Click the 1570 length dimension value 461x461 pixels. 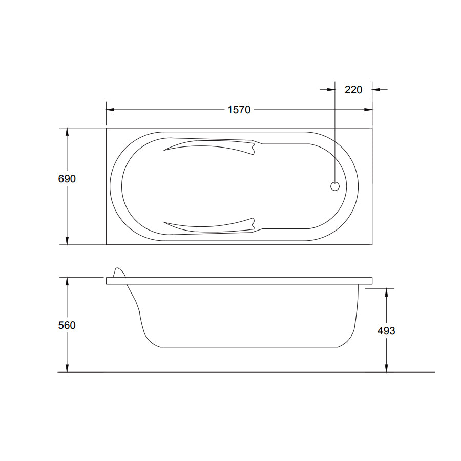point(239,110)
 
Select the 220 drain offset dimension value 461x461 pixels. point(353,90)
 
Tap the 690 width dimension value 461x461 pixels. point(67,179)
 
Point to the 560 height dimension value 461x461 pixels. point(67,325)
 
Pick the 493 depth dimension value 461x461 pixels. point(386,331)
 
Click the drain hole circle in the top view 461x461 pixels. point(335,186)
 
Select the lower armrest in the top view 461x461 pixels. point(209,225)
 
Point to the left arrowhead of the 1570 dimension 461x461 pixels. point(110,110)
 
